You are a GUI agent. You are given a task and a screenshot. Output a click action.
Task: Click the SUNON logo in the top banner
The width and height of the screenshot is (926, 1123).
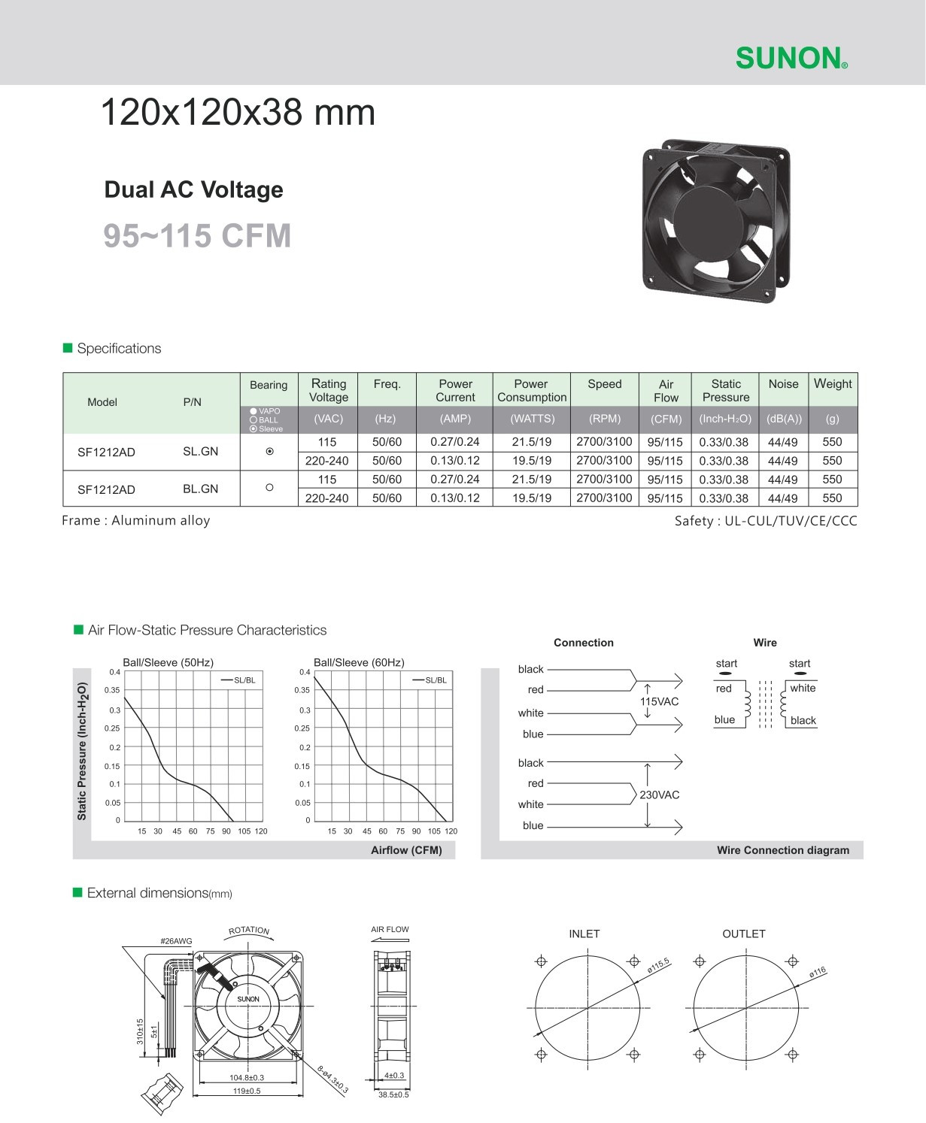(791, 58)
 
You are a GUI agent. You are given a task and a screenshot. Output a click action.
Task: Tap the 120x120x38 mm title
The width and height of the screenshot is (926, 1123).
(237, 113)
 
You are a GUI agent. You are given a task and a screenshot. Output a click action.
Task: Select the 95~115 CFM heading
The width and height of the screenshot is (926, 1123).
(197, 236)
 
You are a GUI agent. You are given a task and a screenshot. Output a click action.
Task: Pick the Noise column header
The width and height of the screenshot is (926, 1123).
(783, 384)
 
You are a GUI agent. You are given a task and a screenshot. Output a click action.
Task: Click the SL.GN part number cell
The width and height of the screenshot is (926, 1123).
(200, 452)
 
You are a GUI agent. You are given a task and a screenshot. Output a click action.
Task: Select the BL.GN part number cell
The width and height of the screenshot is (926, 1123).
(200, 489)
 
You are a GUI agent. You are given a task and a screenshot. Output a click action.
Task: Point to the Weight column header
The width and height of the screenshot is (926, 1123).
(833, 384)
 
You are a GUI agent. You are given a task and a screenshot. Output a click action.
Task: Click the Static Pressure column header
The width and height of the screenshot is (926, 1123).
(725, 390)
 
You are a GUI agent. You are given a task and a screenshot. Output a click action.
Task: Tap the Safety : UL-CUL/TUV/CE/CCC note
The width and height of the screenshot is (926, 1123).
(765, 521)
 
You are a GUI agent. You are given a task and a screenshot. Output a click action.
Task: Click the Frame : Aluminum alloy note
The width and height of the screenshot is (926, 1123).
(136, 521)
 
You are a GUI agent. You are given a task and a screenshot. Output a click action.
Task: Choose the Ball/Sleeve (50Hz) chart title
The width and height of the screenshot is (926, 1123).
(168, 662)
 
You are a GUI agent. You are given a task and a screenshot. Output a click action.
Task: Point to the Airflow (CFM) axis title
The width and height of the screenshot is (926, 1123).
(406, 850)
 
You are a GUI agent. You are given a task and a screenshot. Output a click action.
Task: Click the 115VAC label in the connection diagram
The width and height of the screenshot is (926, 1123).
(659, 701)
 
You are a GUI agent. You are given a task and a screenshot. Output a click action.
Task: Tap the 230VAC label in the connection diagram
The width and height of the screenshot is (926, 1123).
(659, 795)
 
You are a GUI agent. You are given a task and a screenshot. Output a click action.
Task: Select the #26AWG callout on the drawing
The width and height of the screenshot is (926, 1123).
(176, 941)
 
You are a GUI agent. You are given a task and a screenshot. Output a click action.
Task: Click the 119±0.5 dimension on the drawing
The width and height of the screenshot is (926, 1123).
(246, 1091)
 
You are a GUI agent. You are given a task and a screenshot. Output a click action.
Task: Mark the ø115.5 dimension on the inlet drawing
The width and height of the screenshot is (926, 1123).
(658, 967)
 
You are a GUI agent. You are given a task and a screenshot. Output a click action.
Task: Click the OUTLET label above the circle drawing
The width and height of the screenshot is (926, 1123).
(743, 934)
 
